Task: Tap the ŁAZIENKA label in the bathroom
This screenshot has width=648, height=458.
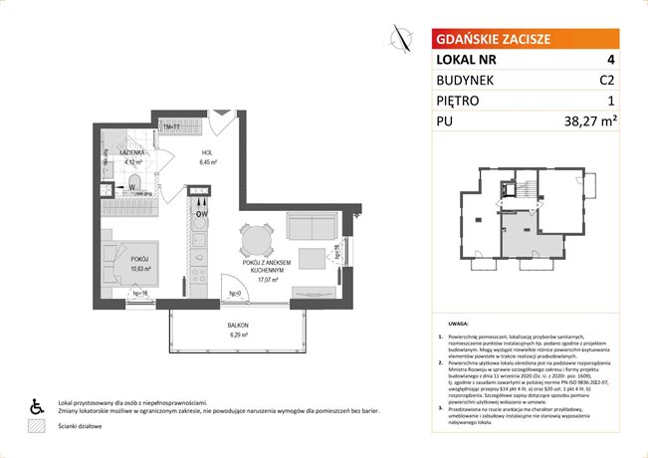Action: pyautogui.click(x=135, y=153)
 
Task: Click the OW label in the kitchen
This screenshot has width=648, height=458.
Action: pyautogui.click(x=201, y=213)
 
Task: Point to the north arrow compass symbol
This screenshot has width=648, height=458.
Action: pyautogui.click(x=400, y=39)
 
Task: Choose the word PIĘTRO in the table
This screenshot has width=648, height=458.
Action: pyautogui.click(x=463, y=101)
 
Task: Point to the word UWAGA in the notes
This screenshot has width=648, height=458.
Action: pyautogui.click(x=459, y=325)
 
